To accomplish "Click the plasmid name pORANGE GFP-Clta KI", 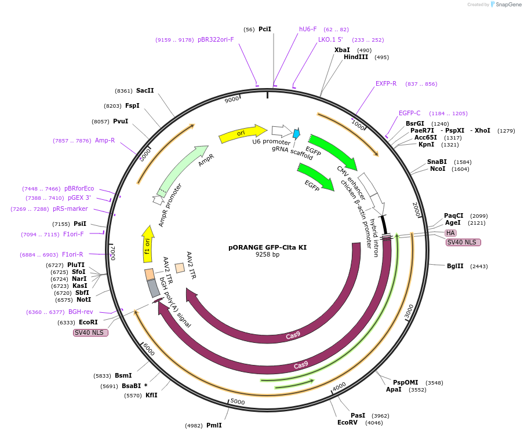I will [267, 247].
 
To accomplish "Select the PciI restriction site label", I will [265, 29].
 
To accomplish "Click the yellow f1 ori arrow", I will [148, 244].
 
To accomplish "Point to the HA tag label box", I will [450, 233].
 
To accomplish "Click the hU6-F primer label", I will [308, 29].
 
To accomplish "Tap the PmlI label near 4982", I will [214, 425].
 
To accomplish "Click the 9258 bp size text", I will [267, 254].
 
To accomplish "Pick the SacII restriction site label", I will [145, 90].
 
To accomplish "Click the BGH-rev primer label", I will [81, 312].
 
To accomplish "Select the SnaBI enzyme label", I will [437, 162].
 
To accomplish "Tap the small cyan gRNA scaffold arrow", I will [296, 134].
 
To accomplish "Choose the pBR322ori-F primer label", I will [216, 39].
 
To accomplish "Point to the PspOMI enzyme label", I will [406, 382].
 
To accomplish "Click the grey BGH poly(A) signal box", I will [154, 287].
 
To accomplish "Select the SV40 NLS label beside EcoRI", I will [91, 332].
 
